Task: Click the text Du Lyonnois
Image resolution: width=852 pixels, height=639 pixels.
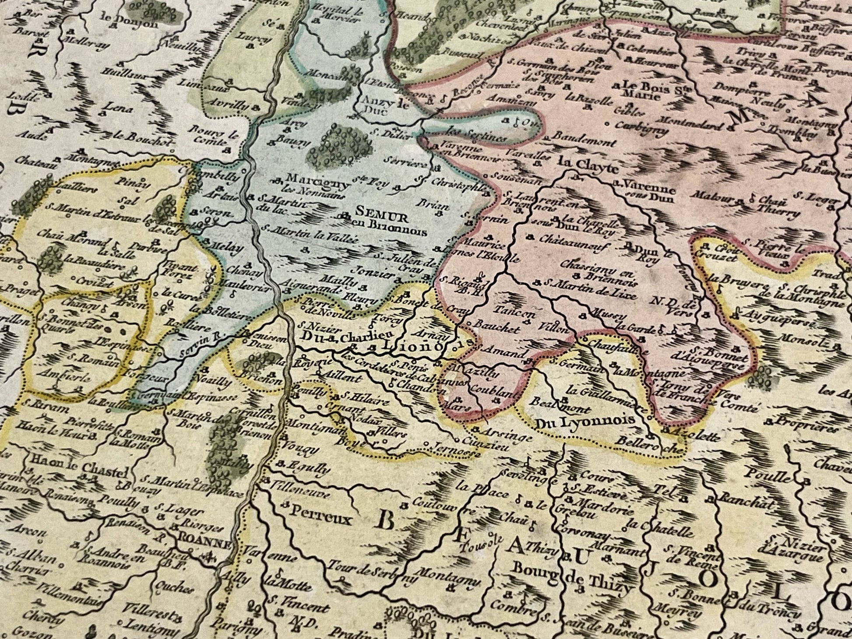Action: click(585, 420)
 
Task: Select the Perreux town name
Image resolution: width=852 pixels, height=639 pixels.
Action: click(320, 520)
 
